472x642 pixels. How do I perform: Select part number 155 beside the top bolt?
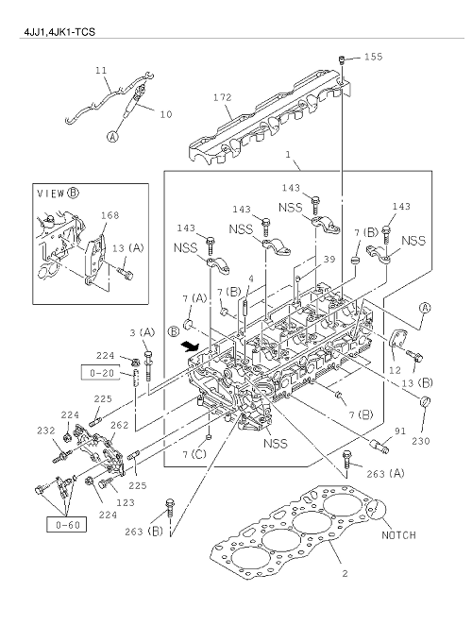pyautogui.click(x=373, y=58)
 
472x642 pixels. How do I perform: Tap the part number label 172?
pyautogui.click(x=223, y=97)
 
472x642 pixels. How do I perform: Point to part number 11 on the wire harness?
pyautogui.click(x=101, y=71)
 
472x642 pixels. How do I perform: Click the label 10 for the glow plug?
pyautogui.click(x=165, y=114)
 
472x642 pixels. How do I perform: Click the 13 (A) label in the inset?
pyautogui.click(x=129, y=247)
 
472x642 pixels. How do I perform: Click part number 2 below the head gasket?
pyautogui.click(x=345, y=573)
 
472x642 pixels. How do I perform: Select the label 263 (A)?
pyautogui.click(x=382, y=474)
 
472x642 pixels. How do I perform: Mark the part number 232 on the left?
pyautogui.click(x=46, y=431)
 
